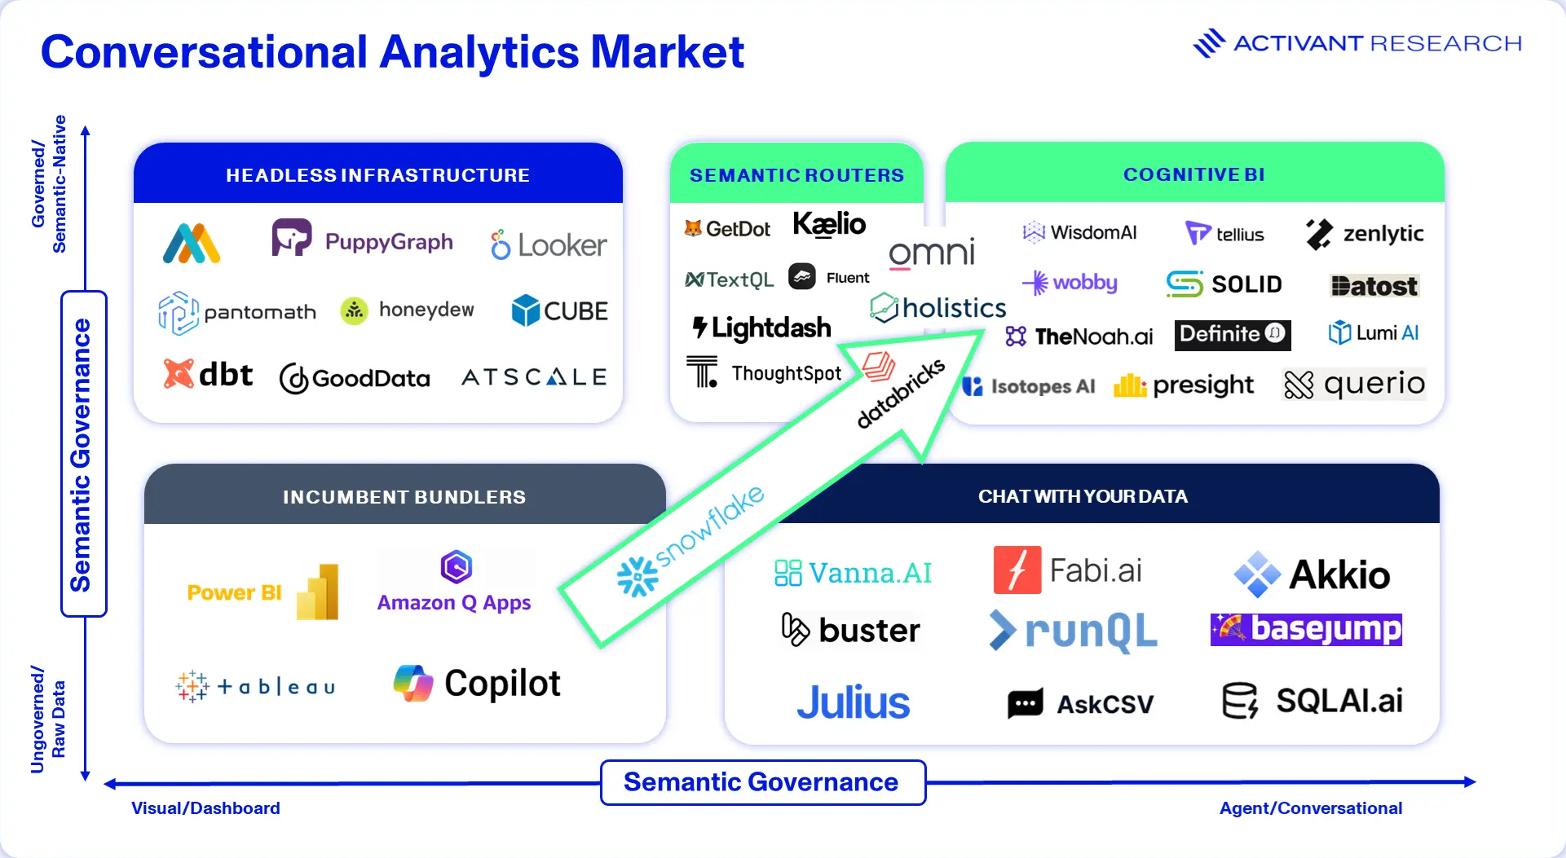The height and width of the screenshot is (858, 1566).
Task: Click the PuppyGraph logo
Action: pyautogui.click(x=363, y=239)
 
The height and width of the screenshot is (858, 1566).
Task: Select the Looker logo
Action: pyautogui.click(x=549, y=244)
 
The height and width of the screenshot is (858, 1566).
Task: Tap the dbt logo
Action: pyautogui.click(x=208, y=374)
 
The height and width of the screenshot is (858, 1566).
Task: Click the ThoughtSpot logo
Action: pyautogui.click(x=763, y=372)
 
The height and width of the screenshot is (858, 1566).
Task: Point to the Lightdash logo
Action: pyautogui.click(x=761, y=328)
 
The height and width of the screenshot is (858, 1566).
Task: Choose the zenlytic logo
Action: pyautogui.click(x=1364, y=234)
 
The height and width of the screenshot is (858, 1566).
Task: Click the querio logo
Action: pyautogui.click(x=1354, y=384)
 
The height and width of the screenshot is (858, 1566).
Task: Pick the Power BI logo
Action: pyautogui.click(x=262, y=592)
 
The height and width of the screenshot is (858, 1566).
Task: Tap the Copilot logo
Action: pyautogui.click(x=477, y=683)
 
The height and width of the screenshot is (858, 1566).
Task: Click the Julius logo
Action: pyautogui.click(x=853, y=702)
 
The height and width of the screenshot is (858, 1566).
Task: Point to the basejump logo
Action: pyautogui.click(x=1306, y=629)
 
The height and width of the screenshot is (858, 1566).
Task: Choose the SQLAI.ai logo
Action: pyautogui.click(x=1312, y=701)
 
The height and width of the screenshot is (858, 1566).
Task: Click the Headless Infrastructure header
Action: pyautogui.click(x=378, y=175)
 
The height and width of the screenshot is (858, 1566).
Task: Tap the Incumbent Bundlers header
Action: pyautogui.click(x=404, y=497)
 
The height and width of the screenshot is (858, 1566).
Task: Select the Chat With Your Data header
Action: pyautogui.click(x=1083, y=496)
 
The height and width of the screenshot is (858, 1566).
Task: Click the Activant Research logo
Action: pyautogui.click(x=1357, y=43)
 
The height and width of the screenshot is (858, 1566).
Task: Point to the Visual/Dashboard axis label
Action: pyautogui.click(x=205, y=808)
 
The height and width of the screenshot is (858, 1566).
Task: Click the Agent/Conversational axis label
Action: pyautogui.click(x=1311, y=808)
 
